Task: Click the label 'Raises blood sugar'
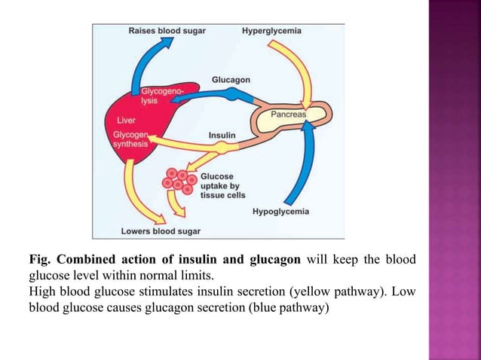pyautogui.click(x=167, y=31)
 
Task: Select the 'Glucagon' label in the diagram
pyautogui.click(x=231, y=79)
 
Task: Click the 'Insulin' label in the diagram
pyautogui.click(x=222, y=136)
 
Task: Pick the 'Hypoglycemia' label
pyautogui.click(x=280, y=212)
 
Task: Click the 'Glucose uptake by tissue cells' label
pyautogui.click(x=219, y=185)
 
